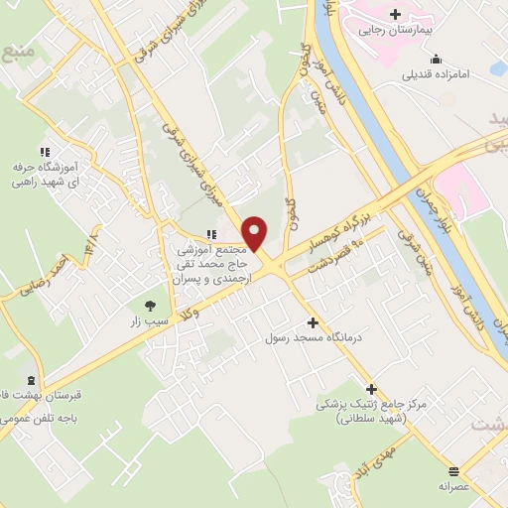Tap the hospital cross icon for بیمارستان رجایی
tap(396, 14)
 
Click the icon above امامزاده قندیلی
tap(438, 59)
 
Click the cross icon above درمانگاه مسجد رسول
tap(314, 322)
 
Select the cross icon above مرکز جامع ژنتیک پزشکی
tap(372, 389)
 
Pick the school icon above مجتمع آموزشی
tap(210, 234)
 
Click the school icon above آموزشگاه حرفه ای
tap(44, 152)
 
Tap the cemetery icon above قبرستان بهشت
tap(32, 380)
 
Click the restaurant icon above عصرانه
tap(454, 471)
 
